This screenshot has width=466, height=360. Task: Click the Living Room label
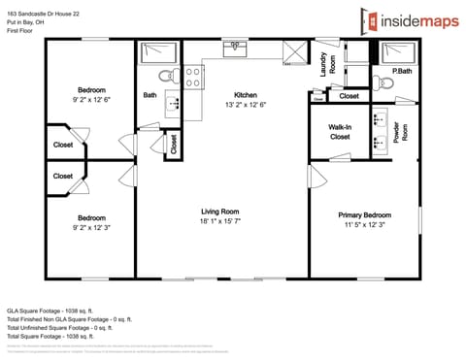pos(220,212)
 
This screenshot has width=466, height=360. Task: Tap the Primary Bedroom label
pos(364,214)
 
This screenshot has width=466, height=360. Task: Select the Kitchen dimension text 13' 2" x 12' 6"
pos(245,105)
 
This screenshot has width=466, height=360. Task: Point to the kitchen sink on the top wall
pos(234,45)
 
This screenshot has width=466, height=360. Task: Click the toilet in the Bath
pos(166,75)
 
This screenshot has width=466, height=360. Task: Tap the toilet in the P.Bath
pos(384,83)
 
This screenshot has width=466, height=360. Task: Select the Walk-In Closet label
pos(340,131)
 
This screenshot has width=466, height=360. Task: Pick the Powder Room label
pos(406,133)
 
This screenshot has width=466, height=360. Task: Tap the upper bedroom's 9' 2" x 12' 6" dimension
pos(91,98)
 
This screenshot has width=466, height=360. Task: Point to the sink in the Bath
pos(173,100)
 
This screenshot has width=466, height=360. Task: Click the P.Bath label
pos(401,72)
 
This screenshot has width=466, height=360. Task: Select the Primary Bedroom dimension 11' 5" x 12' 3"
pos(364,224)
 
